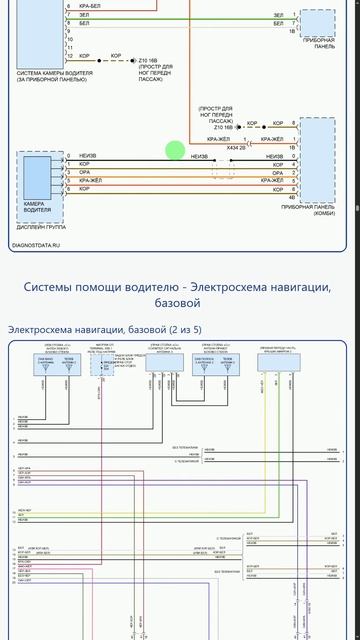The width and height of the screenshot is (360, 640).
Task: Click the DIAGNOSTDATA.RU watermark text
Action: pyautogui.click(x=35, y=244)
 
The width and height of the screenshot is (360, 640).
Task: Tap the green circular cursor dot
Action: pyautogui.click(x=175, y=151)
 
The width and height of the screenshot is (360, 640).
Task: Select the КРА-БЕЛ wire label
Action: pyautogui.click(x=89, y=6)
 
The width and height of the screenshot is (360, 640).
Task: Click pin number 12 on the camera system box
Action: pyautogui.click(x=70, y=56)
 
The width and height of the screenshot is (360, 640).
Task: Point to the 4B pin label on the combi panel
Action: pyautogui.click(x=292, y=197)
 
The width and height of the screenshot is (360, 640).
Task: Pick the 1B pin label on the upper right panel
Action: pyautogui.click(x=292, y=32)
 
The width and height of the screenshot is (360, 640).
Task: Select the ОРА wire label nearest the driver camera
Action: pyautogui.click(x=84, y=172)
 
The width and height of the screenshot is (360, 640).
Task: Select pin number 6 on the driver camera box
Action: pyautogui.click(x=68, y=156)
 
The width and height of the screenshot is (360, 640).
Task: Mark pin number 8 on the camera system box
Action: pyautogui.click(x=68, y=23)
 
